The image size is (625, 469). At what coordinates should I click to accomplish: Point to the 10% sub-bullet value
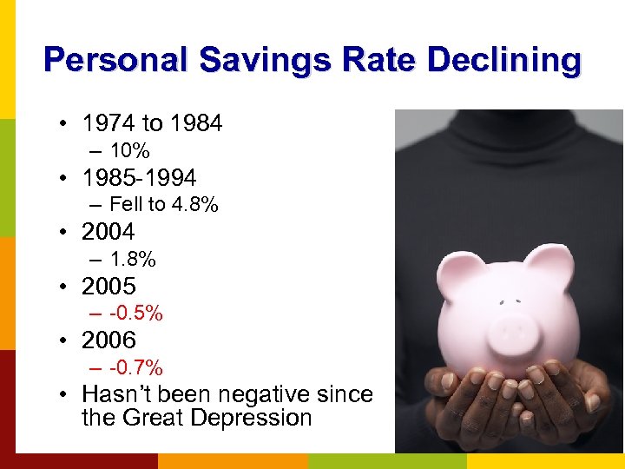click(x=130, y=151)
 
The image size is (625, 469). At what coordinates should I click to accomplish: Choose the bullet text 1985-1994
click(x=139, y=178)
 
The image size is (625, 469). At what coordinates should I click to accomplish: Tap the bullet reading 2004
click(x=109, y=232)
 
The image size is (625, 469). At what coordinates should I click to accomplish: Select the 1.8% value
click(x=133, y=259)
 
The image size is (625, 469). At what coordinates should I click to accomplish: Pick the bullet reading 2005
click(x=109, y=286)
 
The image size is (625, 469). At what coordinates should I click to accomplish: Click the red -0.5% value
click(x=136, y=313)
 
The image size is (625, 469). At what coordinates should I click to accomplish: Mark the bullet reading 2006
click(x=109, y=340)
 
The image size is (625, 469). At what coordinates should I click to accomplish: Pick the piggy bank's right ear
click(x=548, y=261)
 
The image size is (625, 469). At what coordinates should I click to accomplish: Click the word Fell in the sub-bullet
click(x=125, y=205)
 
